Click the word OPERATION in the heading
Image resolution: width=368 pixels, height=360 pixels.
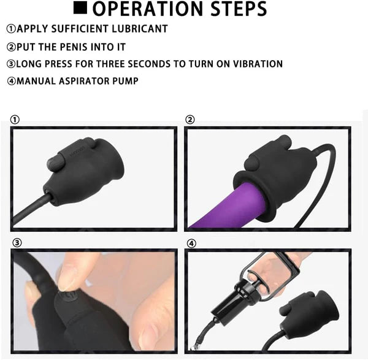tap(147, 9)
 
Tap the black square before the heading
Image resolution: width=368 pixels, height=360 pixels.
tap(80, 7)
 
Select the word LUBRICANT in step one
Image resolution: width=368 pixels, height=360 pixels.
tap(140, 29)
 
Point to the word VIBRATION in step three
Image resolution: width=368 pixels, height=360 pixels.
tap(258, 64)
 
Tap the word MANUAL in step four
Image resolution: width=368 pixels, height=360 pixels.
tap(36, 81)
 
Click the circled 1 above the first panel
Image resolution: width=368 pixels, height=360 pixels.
tap(15, 120)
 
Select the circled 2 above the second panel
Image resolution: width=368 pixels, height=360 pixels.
tap(190, 120)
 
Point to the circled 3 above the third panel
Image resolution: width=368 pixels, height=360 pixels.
tap(17, 243)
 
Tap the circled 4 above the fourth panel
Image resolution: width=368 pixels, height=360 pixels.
tap(191, 243)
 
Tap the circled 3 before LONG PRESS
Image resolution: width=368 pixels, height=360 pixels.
tap(11, 64)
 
